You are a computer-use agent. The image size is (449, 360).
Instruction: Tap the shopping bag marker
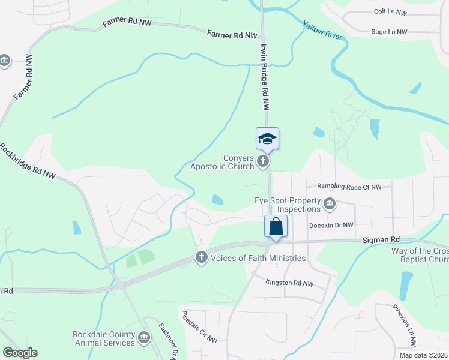click(276, 227)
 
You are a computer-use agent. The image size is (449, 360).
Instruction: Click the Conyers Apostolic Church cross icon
click(262, 161)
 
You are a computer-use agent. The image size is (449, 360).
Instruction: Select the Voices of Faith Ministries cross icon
click(201, 257)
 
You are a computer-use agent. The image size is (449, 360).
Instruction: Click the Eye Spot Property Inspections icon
click(329, 205)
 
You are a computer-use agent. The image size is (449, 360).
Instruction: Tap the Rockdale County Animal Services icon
click(143, 338)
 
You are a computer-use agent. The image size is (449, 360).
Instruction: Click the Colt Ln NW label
click(390, 12)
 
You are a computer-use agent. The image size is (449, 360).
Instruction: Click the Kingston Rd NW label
click(291, 283)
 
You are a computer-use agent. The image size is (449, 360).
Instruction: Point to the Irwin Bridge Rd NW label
click(265, 76)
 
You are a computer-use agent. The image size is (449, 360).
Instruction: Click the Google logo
click(20, 353)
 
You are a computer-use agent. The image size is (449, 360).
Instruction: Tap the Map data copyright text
click(423, 355)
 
